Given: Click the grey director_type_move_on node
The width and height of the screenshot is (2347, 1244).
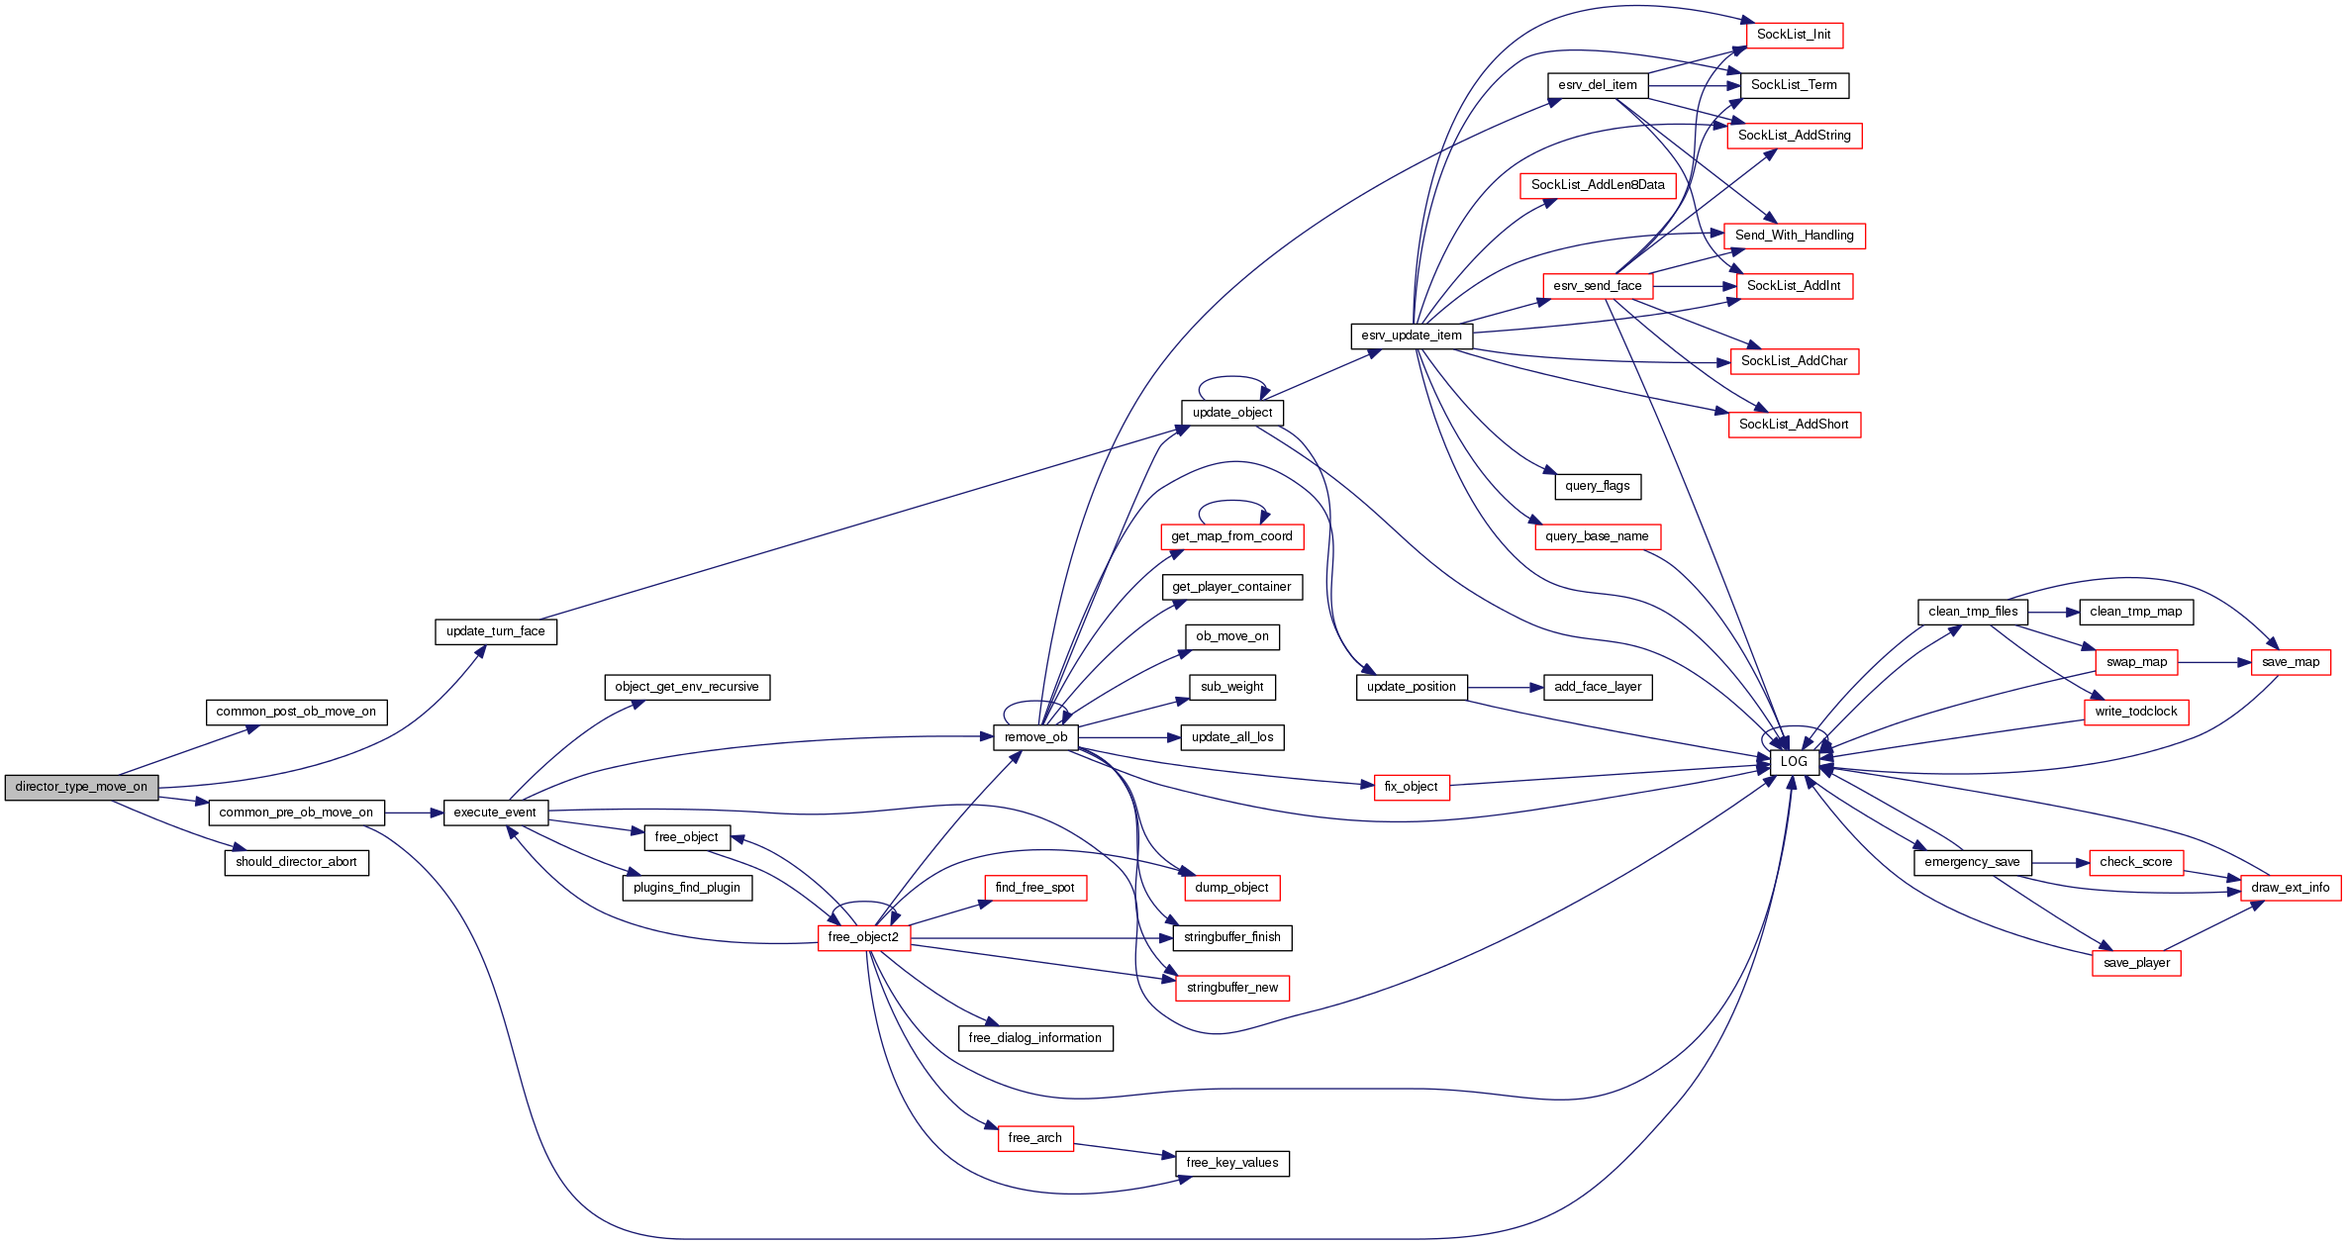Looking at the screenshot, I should [x=81, y=788].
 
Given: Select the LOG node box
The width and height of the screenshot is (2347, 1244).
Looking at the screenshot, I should [x=1793, y=762].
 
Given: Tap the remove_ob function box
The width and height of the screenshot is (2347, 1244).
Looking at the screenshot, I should [x=1035, y=737].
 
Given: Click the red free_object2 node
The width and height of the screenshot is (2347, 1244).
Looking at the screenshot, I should [x=863, y=937].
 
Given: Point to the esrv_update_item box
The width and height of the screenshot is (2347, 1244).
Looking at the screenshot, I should [x=1411, y=335].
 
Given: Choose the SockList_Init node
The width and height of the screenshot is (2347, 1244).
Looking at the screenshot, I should [x=1793, y=35].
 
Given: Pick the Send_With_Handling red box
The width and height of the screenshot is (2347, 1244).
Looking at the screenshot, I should [x=1794, y=236].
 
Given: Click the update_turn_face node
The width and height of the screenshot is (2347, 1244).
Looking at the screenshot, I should [x=495, y=631].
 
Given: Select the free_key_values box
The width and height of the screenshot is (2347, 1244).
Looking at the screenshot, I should [x=1231, y=1163].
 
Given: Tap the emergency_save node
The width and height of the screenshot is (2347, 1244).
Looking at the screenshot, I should [x=1972, y=862].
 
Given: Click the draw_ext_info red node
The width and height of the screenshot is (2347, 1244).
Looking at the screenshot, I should [x=2290, y=888].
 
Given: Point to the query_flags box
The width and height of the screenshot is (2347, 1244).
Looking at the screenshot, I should [x=1597, y=486].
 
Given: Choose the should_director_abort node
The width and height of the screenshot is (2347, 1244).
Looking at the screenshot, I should [x=296, y=862].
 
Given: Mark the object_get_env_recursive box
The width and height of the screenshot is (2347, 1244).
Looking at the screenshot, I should [x=686, y=687].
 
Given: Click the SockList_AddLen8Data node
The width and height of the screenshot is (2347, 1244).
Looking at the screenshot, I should [x=1597, y=185].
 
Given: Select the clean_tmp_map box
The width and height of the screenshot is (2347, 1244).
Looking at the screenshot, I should [x=2135, y=612].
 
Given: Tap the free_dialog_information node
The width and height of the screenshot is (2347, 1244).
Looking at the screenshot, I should [x=1034, y=1038].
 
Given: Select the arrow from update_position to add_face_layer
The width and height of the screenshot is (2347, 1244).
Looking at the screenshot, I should [x=1505, y=687].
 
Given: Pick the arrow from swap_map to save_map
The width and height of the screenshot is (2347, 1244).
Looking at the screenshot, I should [x=2213, y=662].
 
